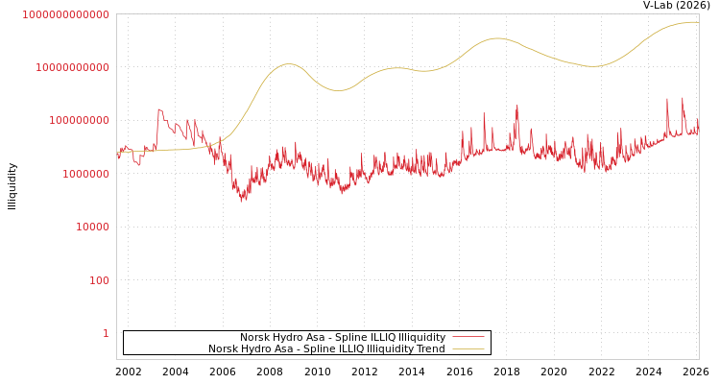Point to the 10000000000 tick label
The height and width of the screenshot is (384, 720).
72,67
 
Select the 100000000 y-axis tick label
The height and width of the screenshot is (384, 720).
79,121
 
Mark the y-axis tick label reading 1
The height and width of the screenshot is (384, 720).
106,333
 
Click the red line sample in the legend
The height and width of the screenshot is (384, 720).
468,338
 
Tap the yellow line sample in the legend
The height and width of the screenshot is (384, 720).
468,349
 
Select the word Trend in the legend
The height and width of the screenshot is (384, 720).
431,349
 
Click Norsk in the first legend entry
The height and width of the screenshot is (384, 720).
254,338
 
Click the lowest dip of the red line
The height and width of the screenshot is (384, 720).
242,201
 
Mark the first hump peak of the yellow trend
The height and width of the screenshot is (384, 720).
289,64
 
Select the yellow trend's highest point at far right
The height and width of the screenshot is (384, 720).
691,22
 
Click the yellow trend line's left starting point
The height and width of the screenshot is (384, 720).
118,152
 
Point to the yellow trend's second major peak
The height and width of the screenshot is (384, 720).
496,38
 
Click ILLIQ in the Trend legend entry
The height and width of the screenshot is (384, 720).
351,349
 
